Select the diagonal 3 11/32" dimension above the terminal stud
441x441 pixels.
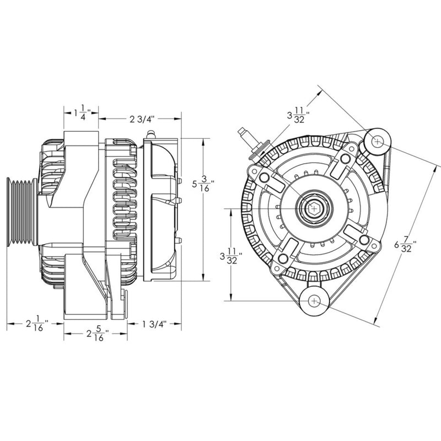pyautogui.click(x=298, y=116)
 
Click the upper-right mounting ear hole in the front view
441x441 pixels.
pyautogui.click(x=377, y=141)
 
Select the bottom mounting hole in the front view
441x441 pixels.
pyautogui.click(x=314, y=301)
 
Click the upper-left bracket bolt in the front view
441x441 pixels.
pyautogui.click(x=265, y=178)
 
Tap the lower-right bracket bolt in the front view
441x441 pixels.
pyautogui.click(x=364, y=240)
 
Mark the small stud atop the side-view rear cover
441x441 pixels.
pyautogui.click(x=152, y=133)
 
